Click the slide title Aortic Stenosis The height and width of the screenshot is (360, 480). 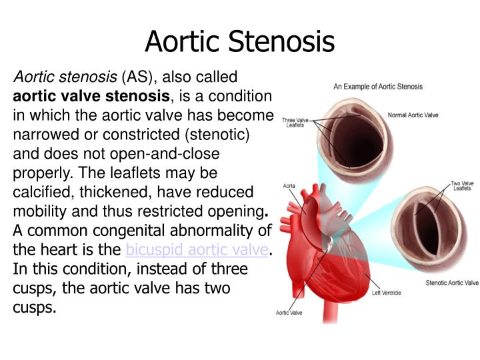tap(239, 42)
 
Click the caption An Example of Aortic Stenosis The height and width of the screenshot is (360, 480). tap(377, 87)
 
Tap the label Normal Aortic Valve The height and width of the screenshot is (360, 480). tap(413, 115)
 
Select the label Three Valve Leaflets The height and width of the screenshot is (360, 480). tap(296, 123)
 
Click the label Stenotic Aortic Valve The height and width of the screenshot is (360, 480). tap(452, 283)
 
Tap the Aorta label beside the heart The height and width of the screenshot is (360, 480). tap(289, 185)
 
